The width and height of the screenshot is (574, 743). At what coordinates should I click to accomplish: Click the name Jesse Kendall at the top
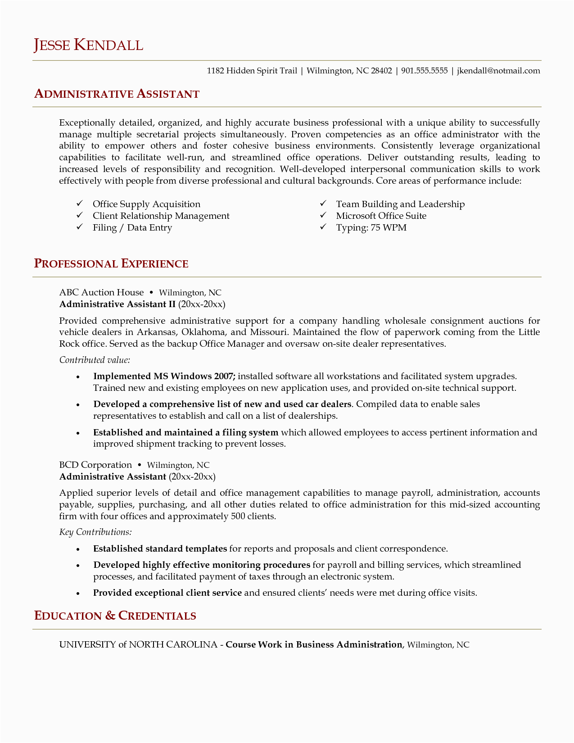point(88,45)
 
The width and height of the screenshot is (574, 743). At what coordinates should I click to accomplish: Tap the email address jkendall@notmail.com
point(498,71)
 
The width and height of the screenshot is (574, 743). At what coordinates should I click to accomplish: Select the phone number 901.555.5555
point(424,71)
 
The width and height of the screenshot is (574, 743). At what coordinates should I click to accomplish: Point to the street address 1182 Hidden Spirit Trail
point(252,71)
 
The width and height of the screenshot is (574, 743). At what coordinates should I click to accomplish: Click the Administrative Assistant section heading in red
point(117,94)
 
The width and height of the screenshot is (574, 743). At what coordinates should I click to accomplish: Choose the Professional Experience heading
point(111,264)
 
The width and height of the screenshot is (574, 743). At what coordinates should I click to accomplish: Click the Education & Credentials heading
point(115,616)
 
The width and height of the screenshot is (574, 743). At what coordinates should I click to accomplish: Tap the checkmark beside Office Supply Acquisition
point(79,204)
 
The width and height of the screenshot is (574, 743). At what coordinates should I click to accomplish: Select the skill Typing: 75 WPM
point(371,227)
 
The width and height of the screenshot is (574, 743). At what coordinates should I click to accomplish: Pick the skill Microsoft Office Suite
point(381,216)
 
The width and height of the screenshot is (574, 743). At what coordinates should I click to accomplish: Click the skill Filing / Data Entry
point(132,227)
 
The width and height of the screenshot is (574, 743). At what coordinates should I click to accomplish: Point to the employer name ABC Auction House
point(101,293)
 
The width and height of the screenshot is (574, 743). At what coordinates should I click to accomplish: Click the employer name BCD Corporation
point(95,465)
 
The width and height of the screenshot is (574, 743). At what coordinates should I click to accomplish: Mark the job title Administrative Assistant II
point(117,304)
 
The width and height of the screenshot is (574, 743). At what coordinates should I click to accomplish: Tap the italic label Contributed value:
point(95,360)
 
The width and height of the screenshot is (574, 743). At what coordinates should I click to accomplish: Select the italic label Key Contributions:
point(95,532)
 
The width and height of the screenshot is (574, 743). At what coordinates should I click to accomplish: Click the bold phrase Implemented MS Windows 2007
point(164,376)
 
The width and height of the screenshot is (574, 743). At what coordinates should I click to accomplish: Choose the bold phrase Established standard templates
point(160,549)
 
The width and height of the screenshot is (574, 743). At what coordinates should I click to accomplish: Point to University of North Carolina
point(138,645)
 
